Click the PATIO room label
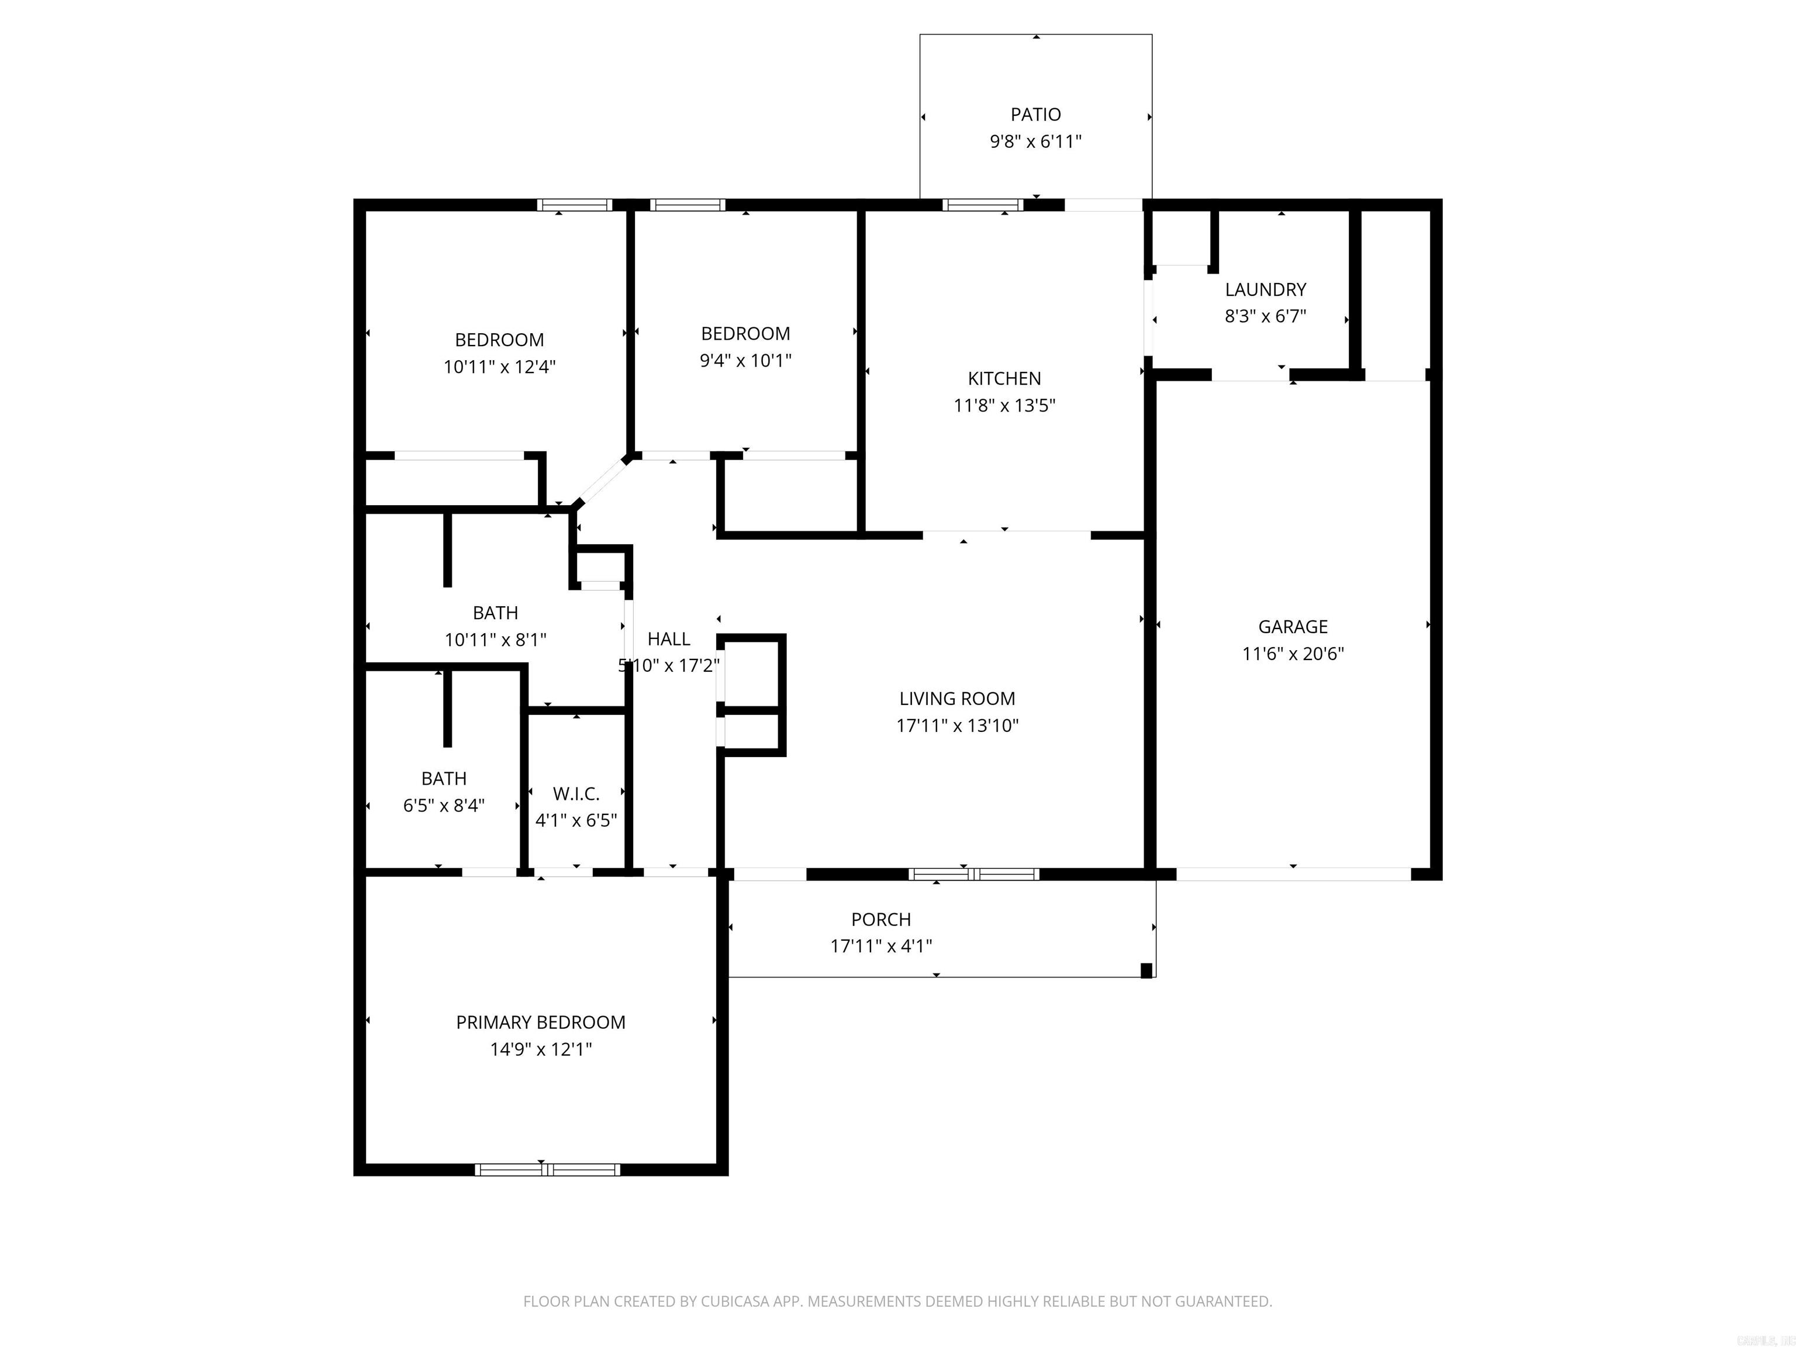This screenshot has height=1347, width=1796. tap(1035, 115)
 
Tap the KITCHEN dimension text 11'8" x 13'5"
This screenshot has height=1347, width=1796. tap(1004, 405)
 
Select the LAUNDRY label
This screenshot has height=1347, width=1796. tap(1265, 290)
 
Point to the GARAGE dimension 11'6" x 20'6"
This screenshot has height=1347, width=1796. tap(1293, 654)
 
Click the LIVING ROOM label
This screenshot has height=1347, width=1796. tap(956, 698)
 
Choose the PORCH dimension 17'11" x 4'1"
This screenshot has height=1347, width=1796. tap(881, 946)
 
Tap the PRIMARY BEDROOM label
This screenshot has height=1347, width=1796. tap(541, 1022)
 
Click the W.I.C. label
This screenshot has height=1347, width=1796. tap(576, 793)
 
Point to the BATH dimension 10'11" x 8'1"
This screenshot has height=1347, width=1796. tap(495, 640)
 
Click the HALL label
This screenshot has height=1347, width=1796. tap(669, 639)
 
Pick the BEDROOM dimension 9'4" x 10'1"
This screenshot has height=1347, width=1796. tap(745, 361)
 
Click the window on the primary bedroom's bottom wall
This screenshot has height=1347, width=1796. tap(547, 1170)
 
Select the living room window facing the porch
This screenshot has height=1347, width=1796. tap(973, 875)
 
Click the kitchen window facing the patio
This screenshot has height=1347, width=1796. tap(982, 205)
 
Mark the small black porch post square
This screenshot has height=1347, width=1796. tap(1146, 970)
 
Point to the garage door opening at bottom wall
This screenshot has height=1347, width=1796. tap(1293, 875)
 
